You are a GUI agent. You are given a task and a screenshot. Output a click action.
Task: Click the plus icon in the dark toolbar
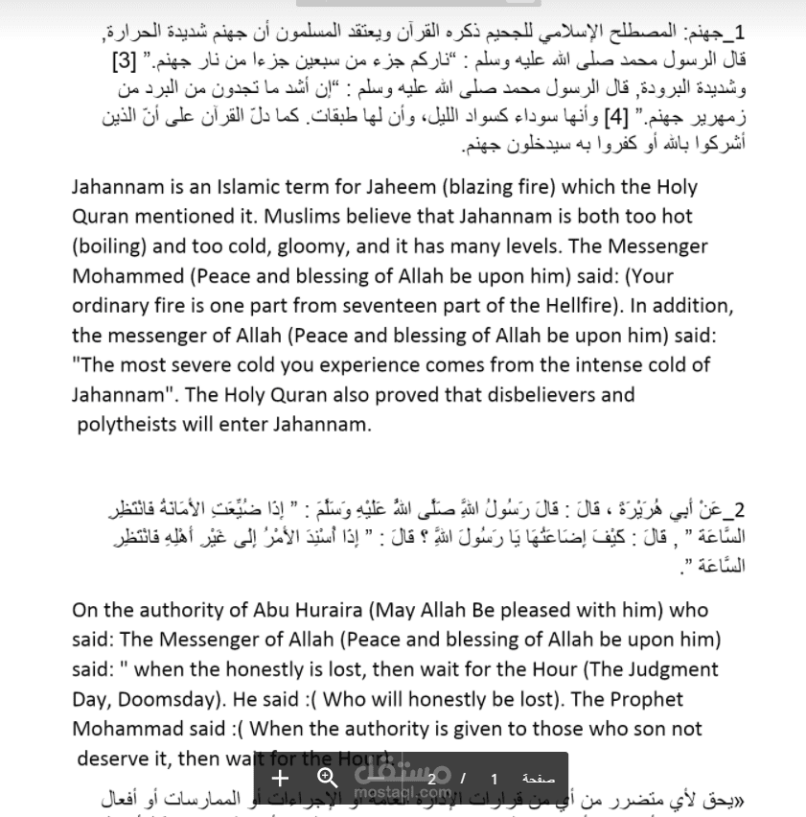(280, 778)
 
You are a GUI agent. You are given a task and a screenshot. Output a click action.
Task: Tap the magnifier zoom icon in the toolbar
(328, 778)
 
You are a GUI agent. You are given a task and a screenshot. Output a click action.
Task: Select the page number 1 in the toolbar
(495, 779)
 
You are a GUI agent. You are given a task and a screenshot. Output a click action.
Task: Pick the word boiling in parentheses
(111, 246)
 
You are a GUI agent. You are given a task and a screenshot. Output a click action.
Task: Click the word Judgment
(671, 669)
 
